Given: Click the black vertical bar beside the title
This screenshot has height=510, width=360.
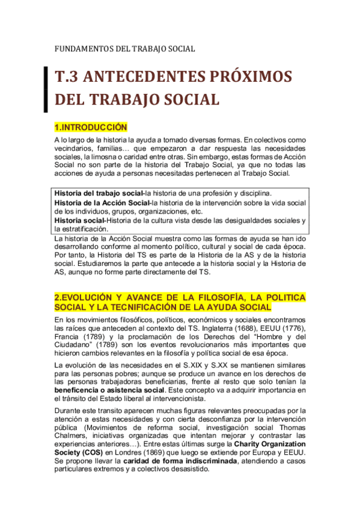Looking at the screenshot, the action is tap(46, 87).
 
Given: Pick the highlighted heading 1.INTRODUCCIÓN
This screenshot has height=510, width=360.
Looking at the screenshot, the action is tap(91, 127).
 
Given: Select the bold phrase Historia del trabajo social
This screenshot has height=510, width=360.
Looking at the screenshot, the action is tap(99, 194).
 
